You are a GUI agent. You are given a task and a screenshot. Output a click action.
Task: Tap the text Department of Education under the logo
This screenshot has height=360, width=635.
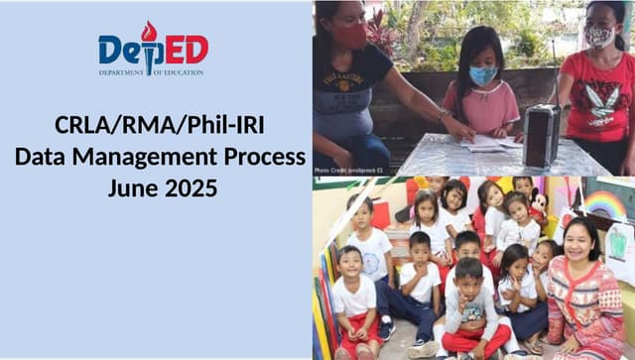(151, 72)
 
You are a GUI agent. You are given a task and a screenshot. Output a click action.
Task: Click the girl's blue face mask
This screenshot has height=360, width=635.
(483, 75)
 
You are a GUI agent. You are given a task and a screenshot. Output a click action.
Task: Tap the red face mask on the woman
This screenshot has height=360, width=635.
(349, 37)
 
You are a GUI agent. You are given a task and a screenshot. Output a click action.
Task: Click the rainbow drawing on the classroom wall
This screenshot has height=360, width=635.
(604, 203)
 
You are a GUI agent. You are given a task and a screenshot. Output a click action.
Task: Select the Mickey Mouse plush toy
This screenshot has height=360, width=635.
(538, 204)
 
